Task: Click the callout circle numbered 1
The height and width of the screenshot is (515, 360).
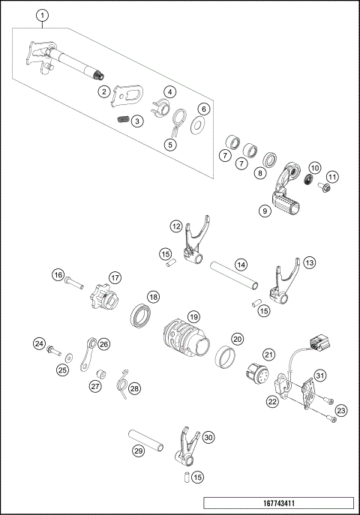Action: coord(43,15)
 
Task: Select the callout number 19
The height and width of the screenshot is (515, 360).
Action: coord(193,317)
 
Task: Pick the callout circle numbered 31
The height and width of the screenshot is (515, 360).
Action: coord(319,375)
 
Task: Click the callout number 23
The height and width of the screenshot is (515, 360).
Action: coord(341,410)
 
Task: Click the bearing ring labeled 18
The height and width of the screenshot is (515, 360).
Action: coord(138,316)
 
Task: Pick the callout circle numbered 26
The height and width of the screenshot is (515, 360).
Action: coord(103,344)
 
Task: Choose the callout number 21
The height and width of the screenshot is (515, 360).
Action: coord(268,355)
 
